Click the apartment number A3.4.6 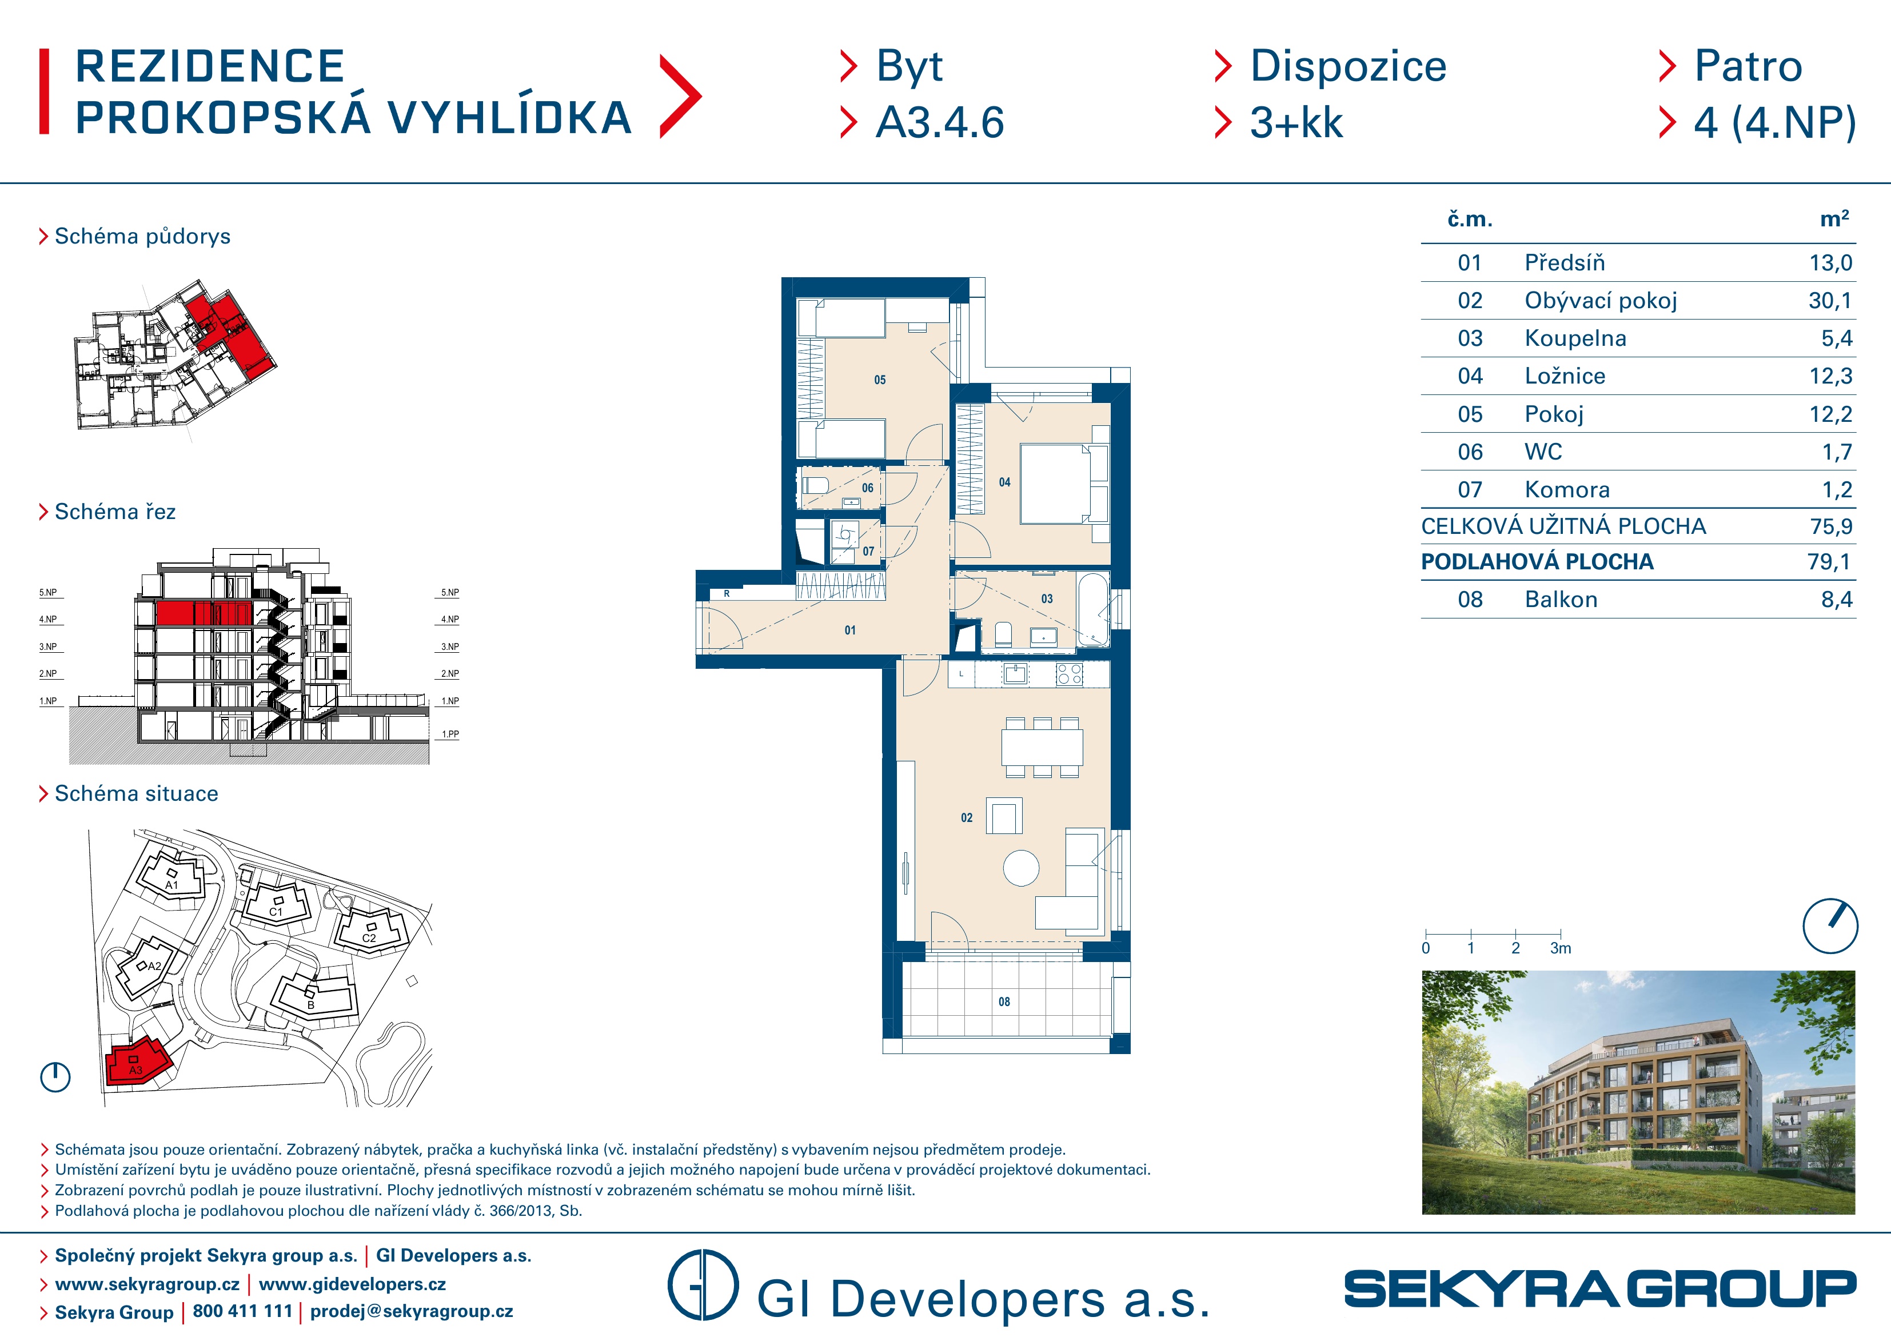click(940, 123)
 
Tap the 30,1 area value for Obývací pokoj click(1830, 301)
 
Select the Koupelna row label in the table click(1575, 338)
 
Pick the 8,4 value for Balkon click(1836, 600)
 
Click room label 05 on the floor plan click(880, 380)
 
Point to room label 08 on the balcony click(1004, 1001)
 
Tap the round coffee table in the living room click(1022, 868)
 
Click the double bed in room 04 click(1064, 484)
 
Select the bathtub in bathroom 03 click(1094, 609)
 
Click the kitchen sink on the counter click(1015, 675)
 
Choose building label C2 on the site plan click(369, 937)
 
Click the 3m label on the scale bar click(1560, 948)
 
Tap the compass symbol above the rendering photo click(1830, 926)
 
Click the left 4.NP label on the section click(48, 620)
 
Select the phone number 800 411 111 click(242, 1311)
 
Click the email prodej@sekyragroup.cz click(411, 1311)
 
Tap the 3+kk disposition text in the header click(1296, 123)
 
